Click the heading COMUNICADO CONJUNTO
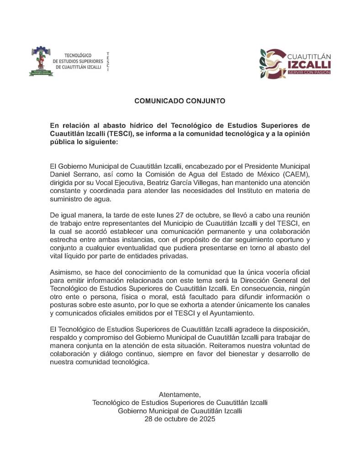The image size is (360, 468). point(180,101)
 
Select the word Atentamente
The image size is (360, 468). point(180,394)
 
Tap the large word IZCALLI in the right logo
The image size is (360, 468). point(310,64)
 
